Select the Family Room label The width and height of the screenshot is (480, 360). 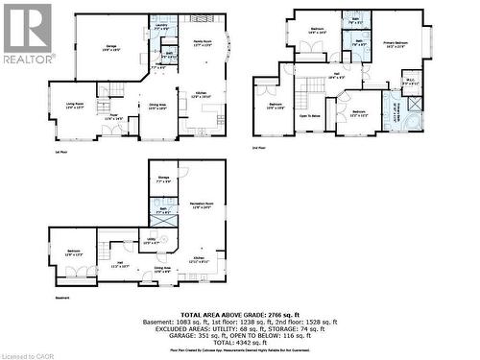[202, 41]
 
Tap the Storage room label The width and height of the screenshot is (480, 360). [163, 178]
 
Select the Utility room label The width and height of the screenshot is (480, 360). [152, 241]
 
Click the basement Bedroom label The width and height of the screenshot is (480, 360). [73, 252]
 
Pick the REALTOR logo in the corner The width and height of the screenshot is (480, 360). [27, 33]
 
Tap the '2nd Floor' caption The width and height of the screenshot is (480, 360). [257, 148]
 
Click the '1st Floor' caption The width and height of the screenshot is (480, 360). [60, 151]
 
